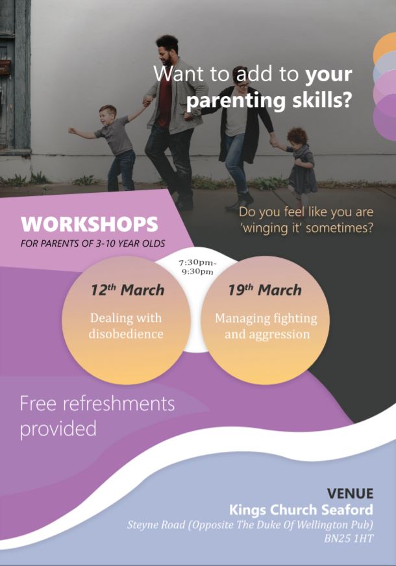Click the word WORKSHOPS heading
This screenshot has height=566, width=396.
point(90,224)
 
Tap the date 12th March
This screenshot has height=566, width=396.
point(127,290)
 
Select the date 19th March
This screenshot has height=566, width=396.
point(265,290)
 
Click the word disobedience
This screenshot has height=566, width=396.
point(126,334)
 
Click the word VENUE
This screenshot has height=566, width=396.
point(350,493)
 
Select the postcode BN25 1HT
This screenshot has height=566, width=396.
point(349,539)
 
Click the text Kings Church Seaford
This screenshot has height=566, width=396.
point(301,510)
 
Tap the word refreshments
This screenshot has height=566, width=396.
point(119,404)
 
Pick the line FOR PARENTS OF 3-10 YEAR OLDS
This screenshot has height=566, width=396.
point(93,243)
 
